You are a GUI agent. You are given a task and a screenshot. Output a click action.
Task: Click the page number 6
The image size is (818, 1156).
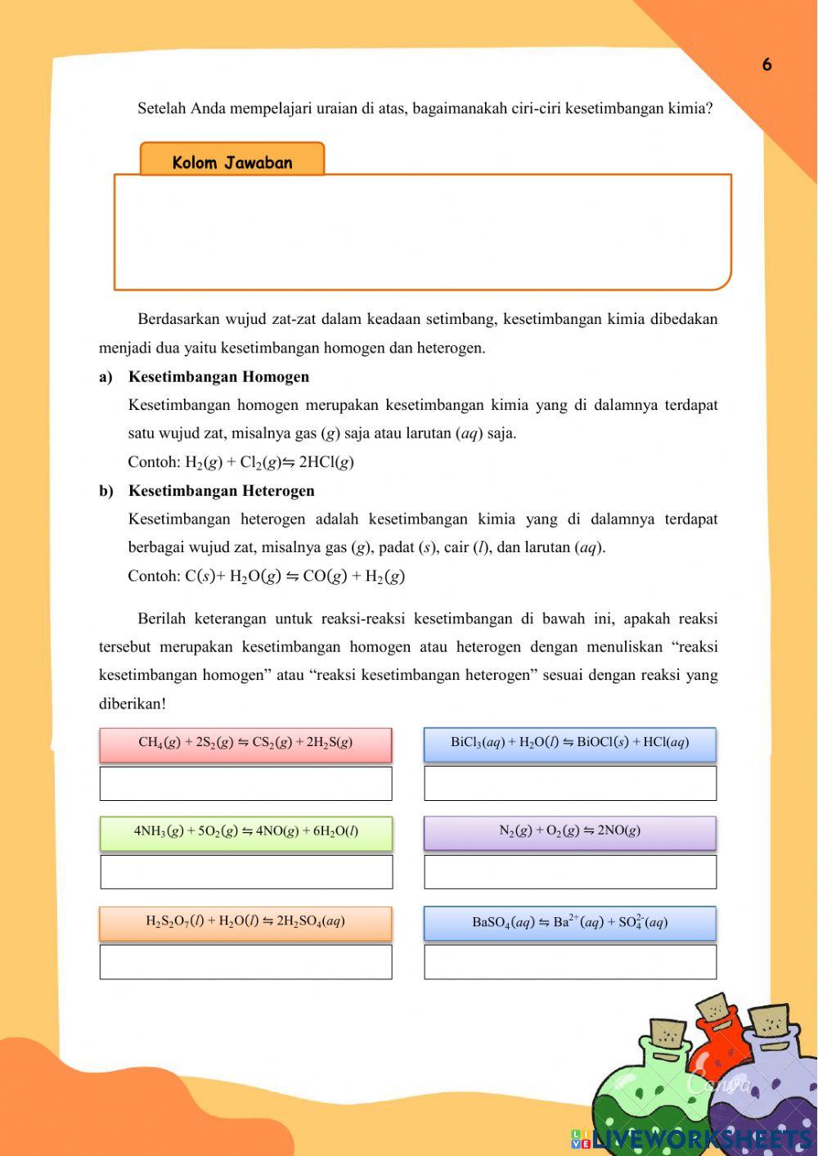[766, 65]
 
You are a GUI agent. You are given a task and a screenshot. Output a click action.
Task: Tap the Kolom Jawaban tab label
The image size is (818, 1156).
[232, 161]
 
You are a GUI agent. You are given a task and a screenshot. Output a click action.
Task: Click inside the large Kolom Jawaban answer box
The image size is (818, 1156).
[422, 232]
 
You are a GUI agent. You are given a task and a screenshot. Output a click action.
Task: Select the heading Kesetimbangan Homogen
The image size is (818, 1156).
[218, 376]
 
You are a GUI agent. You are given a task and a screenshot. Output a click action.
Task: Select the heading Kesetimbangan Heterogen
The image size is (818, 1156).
[221, 491]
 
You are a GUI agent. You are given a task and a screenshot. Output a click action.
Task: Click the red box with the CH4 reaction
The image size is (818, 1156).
[245, 744]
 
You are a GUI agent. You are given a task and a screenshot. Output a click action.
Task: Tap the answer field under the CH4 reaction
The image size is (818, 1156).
[245, 783]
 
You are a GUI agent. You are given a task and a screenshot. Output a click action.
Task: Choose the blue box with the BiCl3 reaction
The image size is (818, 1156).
[569, 744]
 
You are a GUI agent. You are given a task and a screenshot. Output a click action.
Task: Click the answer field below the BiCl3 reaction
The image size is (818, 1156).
[569, 783]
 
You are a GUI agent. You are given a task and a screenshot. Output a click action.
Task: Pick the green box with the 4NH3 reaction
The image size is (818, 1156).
[245, 832]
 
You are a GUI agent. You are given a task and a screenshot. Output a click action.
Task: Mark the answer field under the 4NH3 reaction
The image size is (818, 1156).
[245, 871]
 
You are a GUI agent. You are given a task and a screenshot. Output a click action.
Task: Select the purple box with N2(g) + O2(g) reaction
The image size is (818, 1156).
[569, 832]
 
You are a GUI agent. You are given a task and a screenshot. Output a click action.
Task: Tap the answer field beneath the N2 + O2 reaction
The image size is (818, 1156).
[569, 871]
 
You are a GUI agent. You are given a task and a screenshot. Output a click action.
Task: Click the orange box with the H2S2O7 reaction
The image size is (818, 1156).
[245, 922]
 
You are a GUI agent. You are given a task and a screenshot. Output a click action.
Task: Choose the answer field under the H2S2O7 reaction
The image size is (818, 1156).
[245, 961]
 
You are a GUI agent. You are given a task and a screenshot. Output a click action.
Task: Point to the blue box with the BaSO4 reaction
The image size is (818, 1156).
[569, 923]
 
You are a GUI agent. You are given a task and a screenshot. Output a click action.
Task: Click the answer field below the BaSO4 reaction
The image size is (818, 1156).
[569, 961]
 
